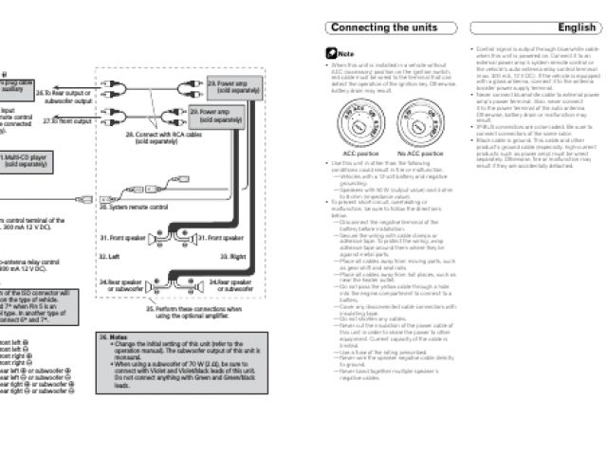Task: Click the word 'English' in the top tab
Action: [577, 27]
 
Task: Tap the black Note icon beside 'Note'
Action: [331, 54]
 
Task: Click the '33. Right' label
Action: [233, 256]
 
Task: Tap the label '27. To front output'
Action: [65, 121]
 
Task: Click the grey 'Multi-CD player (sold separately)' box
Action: [28, 159]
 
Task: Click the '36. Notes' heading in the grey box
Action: [117, 362]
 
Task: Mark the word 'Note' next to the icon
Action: [346, 54]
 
